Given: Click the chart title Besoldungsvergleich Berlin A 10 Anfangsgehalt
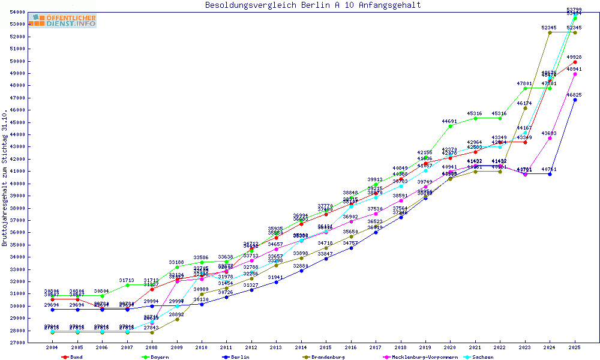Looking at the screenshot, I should point(313,5).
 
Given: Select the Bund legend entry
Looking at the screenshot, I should point(72,357).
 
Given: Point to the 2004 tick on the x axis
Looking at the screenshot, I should point(52,347).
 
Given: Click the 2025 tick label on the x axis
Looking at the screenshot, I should point(575,347).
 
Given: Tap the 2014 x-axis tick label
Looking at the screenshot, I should point(301,347).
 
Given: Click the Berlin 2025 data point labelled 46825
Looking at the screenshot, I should point(575,100).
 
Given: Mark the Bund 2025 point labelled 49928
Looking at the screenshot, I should point(575,62).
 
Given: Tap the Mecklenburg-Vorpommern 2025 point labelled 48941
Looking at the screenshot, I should point(575,74).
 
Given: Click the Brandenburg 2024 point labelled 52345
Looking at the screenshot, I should point(550,32).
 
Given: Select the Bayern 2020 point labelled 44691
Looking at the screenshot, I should point(450,126).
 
